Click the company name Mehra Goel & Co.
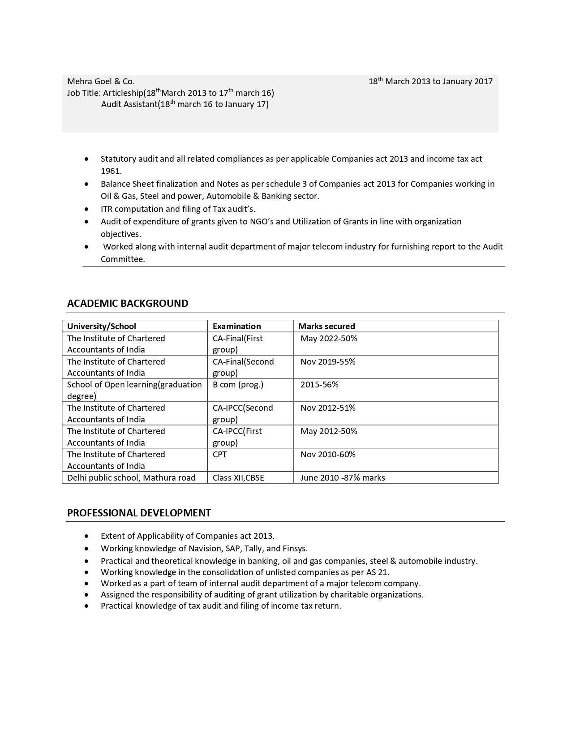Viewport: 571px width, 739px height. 101,82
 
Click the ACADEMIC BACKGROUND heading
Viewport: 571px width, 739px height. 128,303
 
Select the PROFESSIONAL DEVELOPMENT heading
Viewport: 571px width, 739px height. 139,513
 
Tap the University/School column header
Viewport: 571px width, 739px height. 102,327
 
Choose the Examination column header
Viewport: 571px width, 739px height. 236,327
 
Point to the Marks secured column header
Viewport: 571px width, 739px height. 326,327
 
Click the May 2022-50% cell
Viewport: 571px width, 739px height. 329,339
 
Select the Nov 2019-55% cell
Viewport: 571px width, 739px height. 328,362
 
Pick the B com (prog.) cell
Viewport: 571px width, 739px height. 238,385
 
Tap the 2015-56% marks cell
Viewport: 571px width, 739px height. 319,385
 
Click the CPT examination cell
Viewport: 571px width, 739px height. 219,455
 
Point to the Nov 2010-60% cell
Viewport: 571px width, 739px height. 328,455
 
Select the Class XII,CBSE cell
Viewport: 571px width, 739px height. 238,478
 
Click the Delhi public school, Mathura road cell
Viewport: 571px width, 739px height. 131,478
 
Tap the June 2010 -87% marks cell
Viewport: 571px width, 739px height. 343,478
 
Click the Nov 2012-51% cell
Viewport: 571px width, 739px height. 328,408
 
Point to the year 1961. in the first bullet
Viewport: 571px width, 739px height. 111,171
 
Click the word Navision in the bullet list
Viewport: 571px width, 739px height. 205,549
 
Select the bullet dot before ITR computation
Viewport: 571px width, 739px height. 86,209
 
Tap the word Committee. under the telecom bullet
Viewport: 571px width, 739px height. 123,259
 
